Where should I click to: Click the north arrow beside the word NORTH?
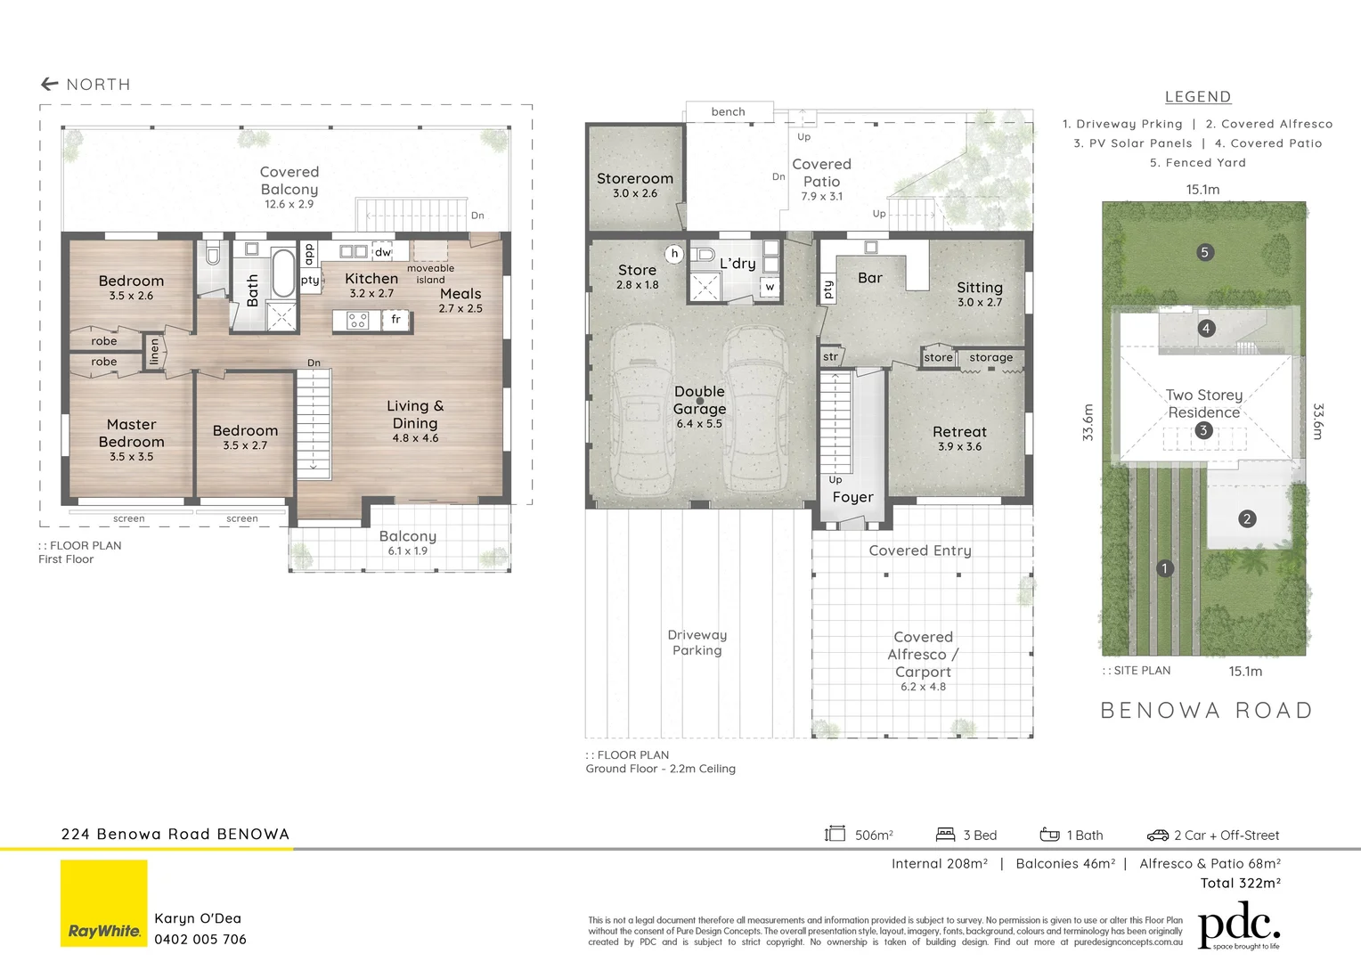49,85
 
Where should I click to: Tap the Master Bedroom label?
131,433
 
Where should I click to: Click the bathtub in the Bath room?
282,273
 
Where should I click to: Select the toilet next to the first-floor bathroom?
213,256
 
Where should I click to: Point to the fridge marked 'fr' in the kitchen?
395,319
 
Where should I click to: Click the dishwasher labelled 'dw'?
382,252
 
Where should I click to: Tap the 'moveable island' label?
430,273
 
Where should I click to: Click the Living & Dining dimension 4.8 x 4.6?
415,438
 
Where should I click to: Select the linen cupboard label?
154,351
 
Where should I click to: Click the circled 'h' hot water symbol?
674,254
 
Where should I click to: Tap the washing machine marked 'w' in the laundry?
770,287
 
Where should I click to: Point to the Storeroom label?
634,179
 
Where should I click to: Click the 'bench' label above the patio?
728,111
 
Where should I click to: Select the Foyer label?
852,497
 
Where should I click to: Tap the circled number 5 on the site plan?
1204,252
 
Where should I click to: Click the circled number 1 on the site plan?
1164,568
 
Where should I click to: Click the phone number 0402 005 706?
200,939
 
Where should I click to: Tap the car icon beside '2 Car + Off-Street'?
1157,836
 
